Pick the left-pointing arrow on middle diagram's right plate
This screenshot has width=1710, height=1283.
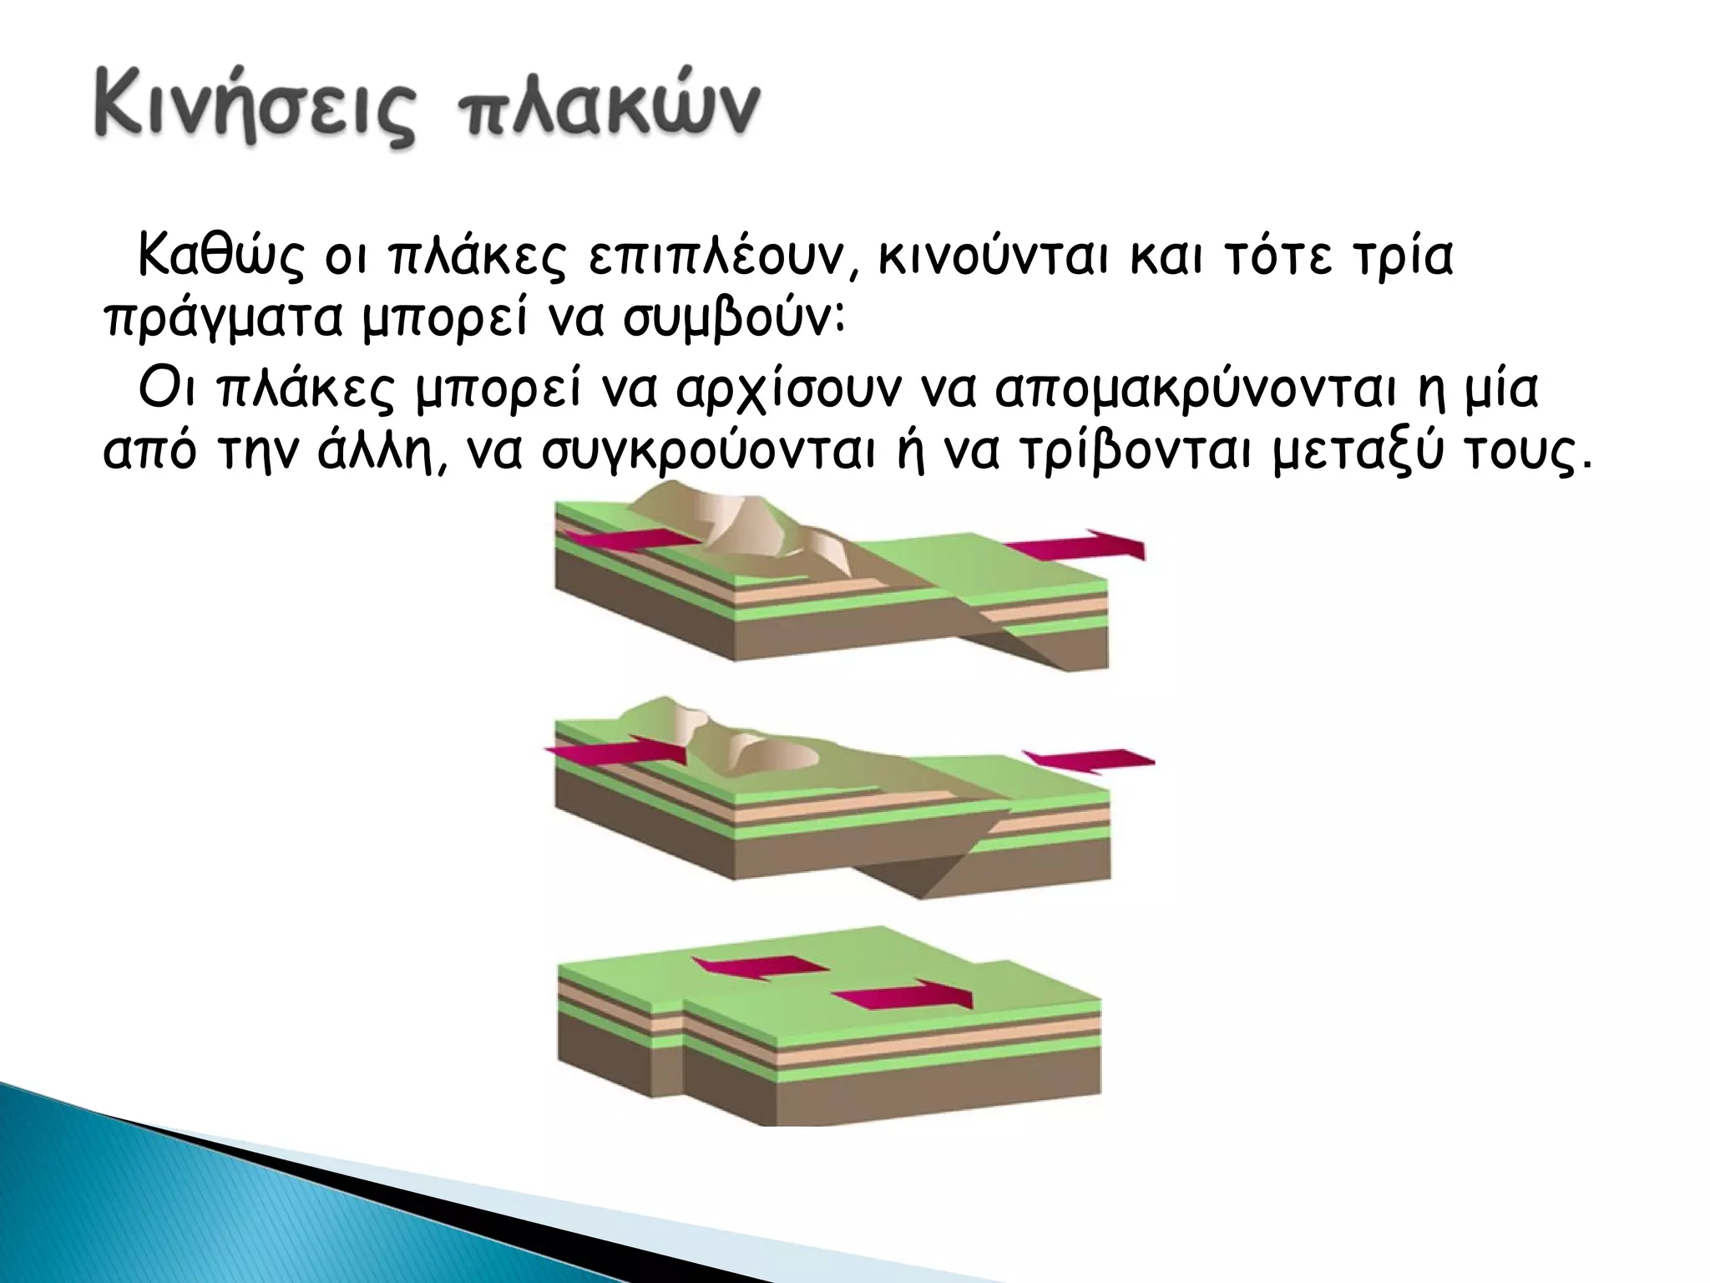coord(1090,760)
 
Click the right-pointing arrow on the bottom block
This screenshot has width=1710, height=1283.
coord(906,996)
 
